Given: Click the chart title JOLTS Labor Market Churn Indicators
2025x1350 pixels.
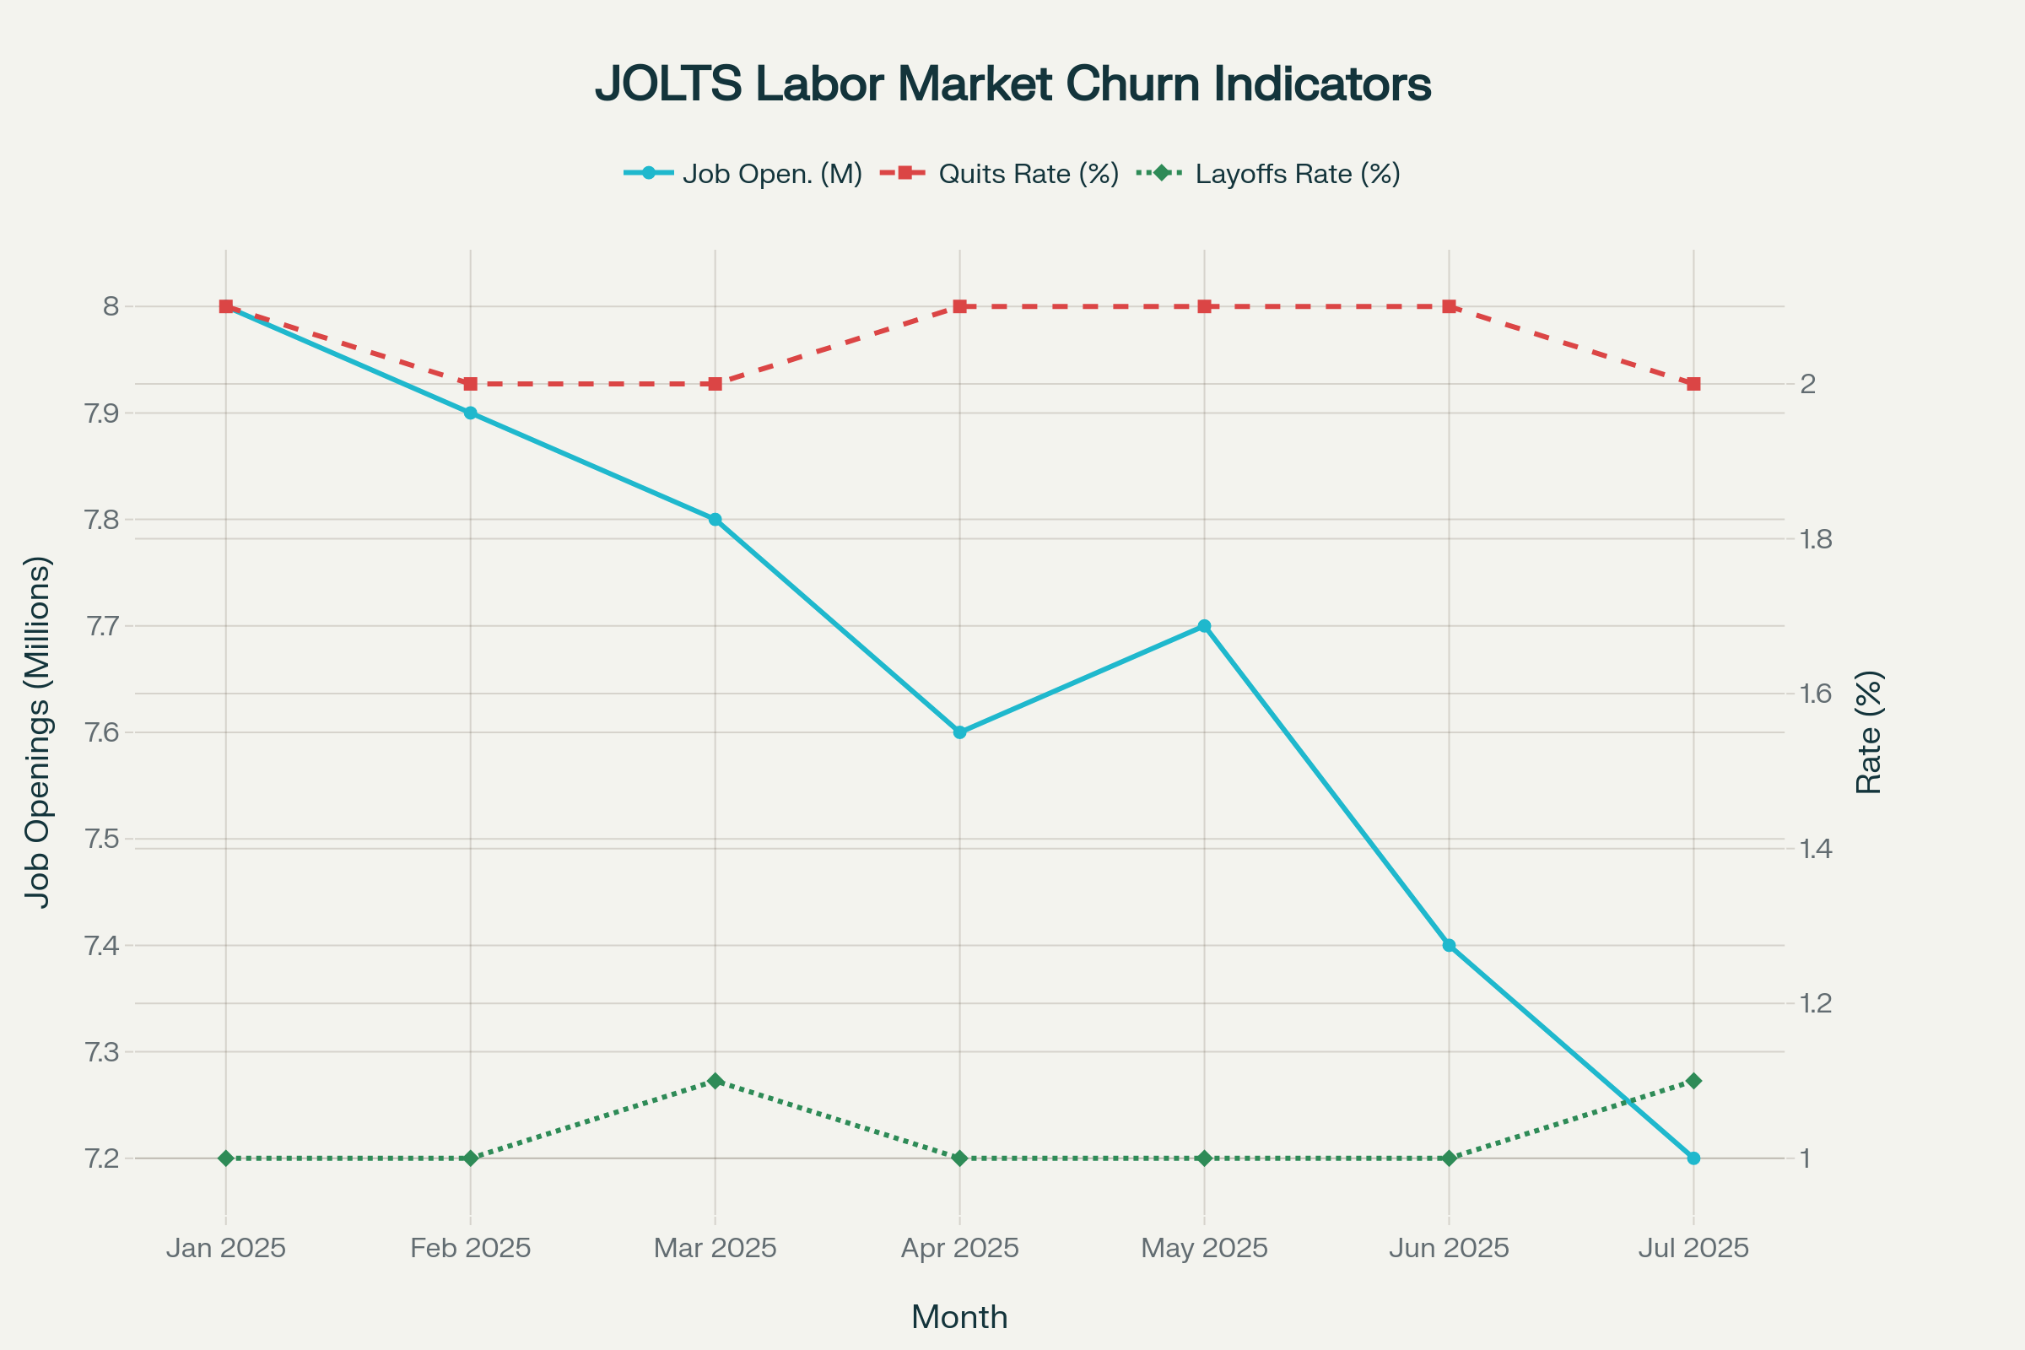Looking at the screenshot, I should [x=1012, y=84].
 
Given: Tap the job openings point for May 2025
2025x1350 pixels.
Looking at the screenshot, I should [x=1205, y=626].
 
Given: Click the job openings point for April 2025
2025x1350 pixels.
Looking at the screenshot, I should [x=960, y=732].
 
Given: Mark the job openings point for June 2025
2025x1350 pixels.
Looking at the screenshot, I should [x=1449, y=945].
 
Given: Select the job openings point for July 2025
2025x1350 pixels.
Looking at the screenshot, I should [x=1693, y=1158].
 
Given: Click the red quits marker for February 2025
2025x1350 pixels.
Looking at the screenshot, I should [x=470, y=384].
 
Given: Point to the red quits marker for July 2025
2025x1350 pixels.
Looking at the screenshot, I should [x=1693, y=384].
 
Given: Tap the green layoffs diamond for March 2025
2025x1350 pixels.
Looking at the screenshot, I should [x=715, y=1081].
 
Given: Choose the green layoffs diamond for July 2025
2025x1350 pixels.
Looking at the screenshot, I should [x=1693, y=1081].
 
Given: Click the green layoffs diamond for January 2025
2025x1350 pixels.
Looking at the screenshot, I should [x=225, y=1158].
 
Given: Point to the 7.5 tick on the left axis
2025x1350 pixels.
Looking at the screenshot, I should [x=101, y=840].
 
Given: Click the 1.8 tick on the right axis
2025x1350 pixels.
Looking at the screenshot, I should [x=1816, y=540].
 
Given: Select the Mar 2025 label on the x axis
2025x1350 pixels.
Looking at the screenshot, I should [x=715, y=1249].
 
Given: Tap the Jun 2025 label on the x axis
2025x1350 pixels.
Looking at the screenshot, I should [x=1449, y=1249].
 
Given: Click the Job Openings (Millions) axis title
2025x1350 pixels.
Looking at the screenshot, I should [x=38, y=732].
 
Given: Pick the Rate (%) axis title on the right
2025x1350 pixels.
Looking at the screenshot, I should [x=1868, y=732].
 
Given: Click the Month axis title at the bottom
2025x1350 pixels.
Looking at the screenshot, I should [x=959, y=1317].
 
